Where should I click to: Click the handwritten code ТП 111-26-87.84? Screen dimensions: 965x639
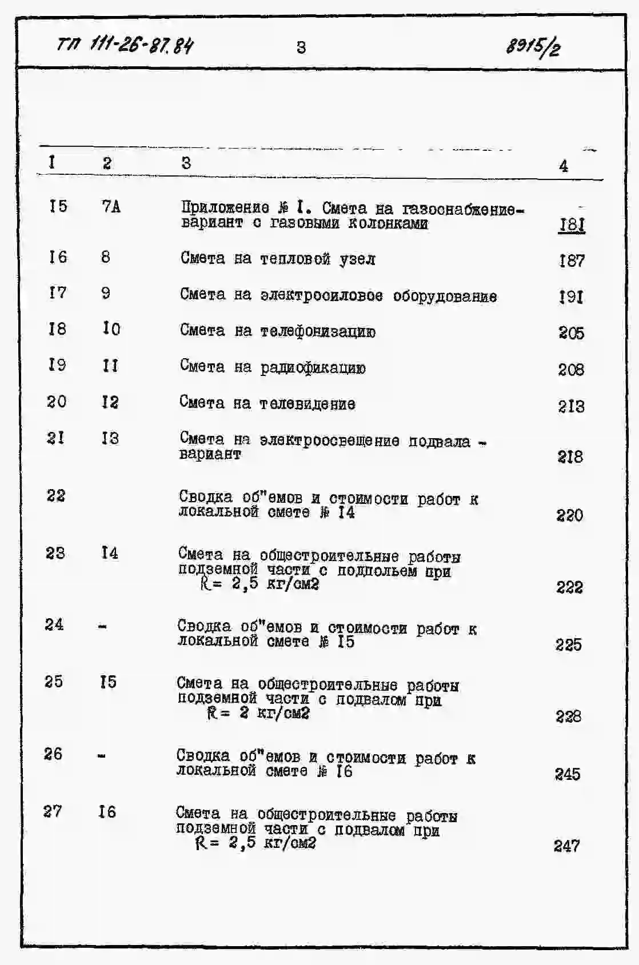coord(125,45)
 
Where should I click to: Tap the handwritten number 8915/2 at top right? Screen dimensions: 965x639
coord(532,45)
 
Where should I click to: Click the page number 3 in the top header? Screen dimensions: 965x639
coord(301,47)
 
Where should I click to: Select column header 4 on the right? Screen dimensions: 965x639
coord(564,166)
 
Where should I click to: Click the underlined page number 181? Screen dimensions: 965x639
coord(572,225)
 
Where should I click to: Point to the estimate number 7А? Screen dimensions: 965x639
coord(111,206)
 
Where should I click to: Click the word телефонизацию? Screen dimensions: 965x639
coord(318,332)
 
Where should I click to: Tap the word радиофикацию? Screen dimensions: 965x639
coord(313,368)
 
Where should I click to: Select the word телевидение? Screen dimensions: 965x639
coord(307,404)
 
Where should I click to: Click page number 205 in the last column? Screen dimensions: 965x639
coord(571,333)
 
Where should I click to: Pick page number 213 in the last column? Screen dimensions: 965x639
coord(571,406)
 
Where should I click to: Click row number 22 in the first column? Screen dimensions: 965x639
coord(56,495)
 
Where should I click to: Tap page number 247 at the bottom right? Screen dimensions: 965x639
coord(566,846)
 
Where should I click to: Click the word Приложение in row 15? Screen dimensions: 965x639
coord(225,207)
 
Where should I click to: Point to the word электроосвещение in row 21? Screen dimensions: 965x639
coord(329,441)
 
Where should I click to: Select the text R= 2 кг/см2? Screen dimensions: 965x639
coord(258,713)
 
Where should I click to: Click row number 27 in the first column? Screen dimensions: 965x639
coord(53,811)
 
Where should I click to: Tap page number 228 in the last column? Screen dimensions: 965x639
coord(568,716)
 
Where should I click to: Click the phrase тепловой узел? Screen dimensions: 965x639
coord(318,259)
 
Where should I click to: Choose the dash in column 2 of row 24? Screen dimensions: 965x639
coord(102,627)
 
